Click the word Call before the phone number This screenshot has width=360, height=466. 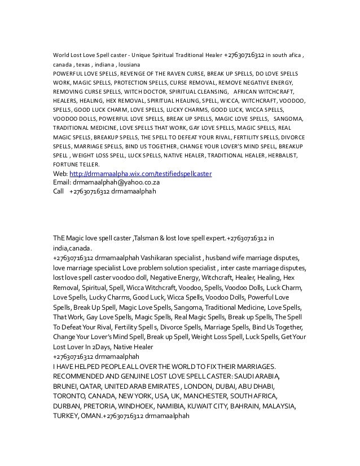click(x=58, y=191)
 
